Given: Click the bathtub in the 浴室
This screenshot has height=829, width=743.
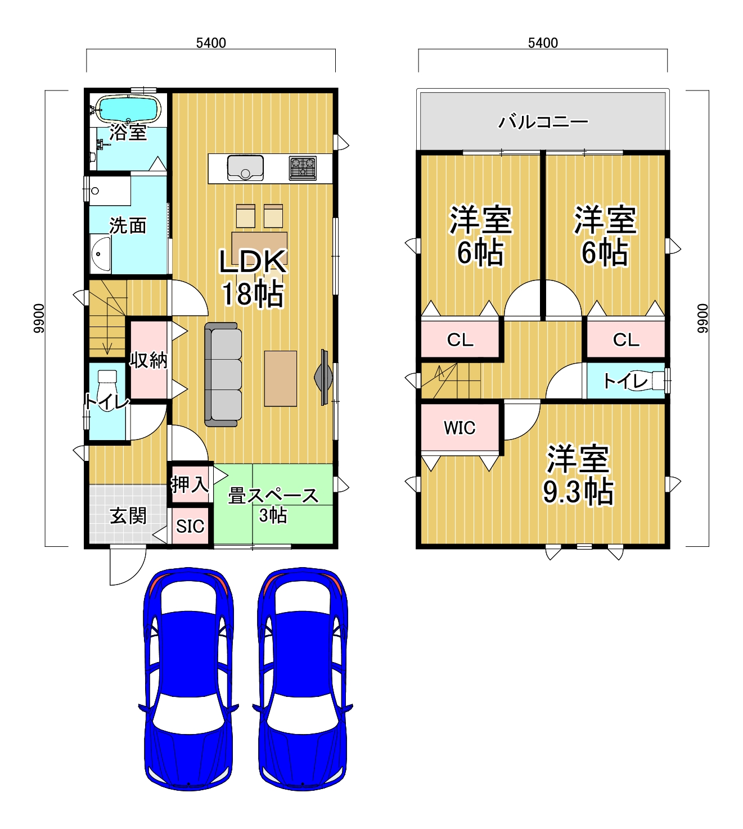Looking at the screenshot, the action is coord(128,108).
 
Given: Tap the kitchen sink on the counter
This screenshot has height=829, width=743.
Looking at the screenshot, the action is coord(245,167).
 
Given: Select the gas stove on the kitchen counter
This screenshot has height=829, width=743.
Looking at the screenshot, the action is coord(303,168).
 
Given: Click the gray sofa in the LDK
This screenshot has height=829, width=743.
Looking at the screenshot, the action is coord(223,374).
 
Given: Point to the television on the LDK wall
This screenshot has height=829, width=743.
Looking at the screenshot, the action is coord(323,377).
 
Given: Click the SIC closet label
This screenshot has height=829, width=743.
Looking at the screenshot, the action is coord(190,527).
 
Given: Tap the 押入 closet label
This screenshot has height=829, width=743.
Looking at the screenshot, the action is coord(190,484).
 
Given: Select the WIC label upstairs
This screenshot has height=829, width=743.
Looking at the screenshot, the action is coord(460,428).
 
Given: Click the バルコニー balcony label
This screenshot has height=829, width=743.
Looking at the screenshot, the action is coord(543,121).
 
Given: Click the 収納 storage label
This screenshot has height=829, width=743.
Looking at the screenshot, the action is coord(148,360).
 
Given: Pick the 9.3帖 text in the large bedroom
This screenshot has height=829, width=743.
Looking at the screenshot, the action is coord(578,491).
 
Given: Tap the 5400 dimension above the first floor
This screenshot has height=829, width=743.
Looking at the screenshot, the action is coord(211,43).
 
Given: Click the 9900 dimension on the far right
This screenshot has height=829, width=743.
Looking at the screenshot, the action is coord(703,318).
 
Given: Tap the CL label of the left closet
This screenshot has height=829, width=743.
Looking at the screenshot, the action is coord(461,339).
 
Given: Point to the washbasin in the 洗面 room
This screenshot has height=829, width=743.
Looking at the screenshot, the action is coord(100,254).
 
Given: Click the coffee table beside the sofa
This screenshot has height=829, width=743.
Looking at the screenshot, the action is coord(281,378).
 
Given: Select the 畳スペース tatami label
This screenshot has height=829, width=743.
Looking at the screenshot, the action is coord(273,496).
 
